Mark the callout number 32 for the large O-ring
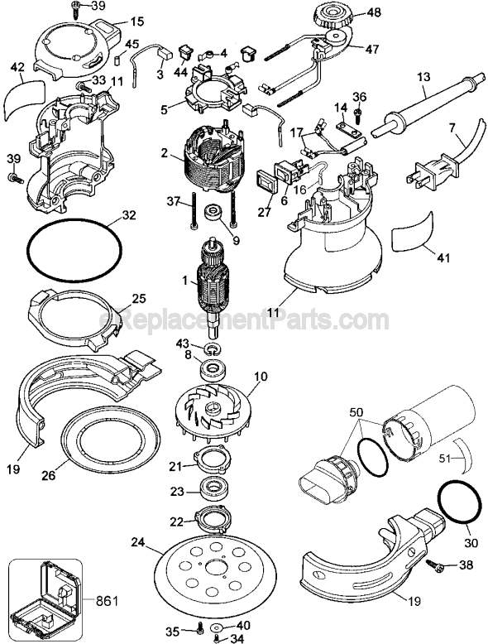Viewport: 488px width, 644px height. [x=127, y=214]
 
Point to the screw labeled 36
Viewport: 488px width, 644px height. [x=358, y=109]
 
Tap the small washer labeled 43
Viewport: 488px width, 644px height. [x=209, y=344]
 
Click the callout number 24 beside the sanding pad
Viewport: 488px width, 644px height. [x=137, y=543]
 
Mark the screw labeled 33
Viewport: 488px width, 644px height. [x=82, y=85]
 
